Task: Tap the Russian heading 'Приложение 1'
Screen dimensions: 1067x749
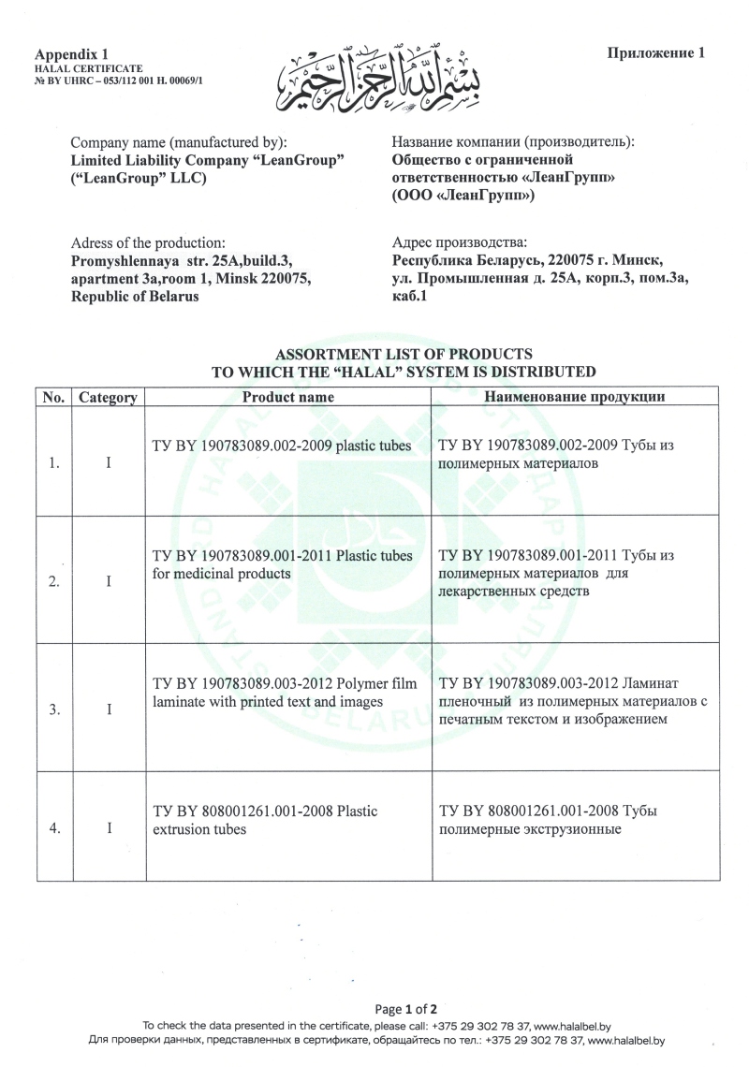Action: click(x=655, y=52)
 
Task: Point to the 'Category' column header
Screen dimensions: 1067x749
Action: click(x=108, y=398)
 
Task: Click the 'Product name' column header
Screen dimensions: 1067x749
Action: click(x=288, y=397)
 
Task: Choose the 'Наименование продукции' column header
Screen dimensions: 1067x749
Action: click(x=574, y=397)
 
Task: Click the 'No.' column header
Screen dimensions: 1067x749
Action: click(x=53, y=398)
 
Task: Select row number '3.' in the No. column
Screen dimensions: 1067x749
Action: click(x=54, y=709)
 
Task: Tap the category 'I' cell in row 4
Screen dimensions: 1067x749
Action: click(x=109, y=828)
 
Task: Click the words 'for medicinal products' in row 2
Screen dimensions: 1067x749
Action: click(x=221, y=573)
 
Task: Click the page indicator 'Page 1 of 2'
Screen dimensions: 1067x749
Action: click(x=406, y=1009)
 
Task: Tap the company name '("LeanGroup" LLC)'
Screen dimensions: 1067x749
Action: click(x=139, y=178)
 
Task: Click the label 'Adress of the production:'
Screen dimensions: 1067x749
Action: click(x=148, y=242)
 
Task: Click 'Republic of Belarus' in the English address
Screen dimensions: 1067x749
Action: click(x=135, y=296)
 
